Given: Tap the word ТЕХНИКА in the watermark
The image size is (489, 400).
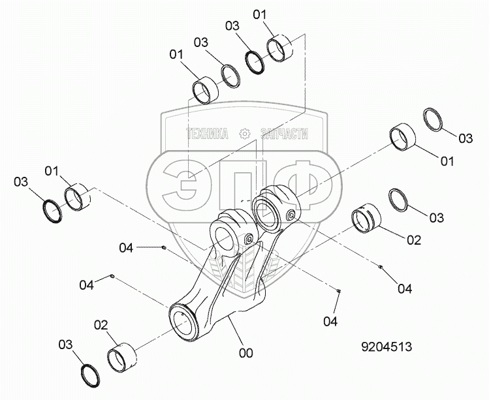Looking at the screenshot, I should tap(208, 134).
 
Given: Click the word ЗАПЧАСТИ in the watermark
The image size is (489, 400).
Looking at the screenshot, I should tap(283, 134).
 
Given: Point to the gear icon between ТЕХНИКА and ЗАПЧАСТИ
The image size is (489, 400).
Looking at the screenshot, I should tap(245, 134).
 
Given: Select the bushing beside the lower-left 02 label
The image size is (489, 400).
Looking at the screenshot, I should tap(123, 358).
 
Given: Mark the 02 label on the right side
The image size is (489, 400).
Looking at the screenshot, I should tap(413, 240).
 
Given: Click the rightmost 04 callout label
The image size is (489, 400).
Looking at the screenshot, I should tap(405, 288).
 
